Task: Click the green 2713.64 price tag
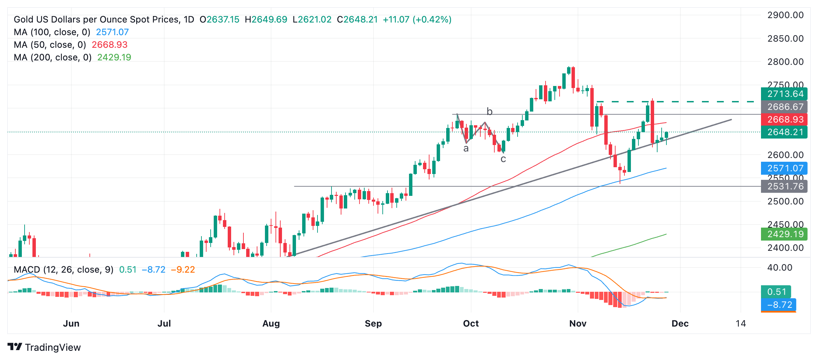tap(784, 94)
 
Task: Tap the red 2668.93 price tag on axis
tap(784, 119)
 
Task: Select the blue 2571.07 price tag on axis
tap(784, 168)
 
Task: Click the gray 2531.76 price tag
tap(784, 186)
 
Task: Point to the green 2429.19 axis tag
tap(784, 234)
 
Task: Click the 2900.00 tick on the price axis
tap(785, 15)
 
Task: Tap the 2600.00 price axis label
tap(785, 155)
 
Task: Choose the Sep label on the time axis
tap(373, 323)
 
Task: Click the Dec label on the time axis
tap(680, 323)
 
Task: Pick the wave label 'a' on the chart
tap(466, 148)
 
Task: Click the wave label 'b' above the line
tap(489, 112)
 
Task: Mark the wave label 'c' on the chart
tap(503, 159)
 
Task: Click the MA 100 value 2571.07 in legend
tap(112, 32)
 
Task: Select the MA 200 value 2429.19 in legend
tap(114, 57)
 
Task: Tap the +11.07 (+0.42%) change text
tap(417, 19)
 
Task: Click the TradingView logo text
tap(53, 347)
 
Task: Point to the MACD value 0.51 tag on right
tap(776, 292)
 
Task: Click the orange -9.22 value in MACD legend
tap(183, 270)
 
